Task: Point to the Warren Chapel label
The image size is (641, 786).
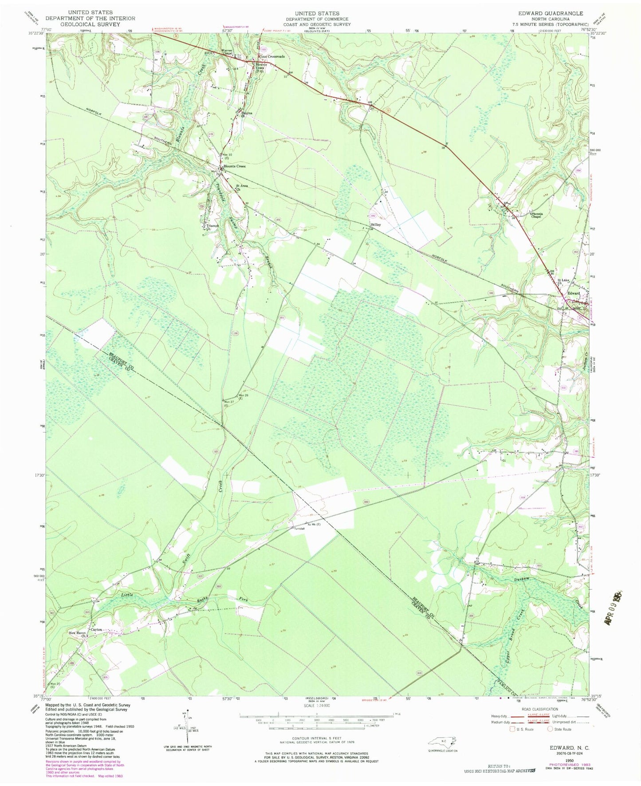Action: [227, 51]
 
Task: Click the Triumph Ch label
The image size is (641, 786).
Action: [212, 227]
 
